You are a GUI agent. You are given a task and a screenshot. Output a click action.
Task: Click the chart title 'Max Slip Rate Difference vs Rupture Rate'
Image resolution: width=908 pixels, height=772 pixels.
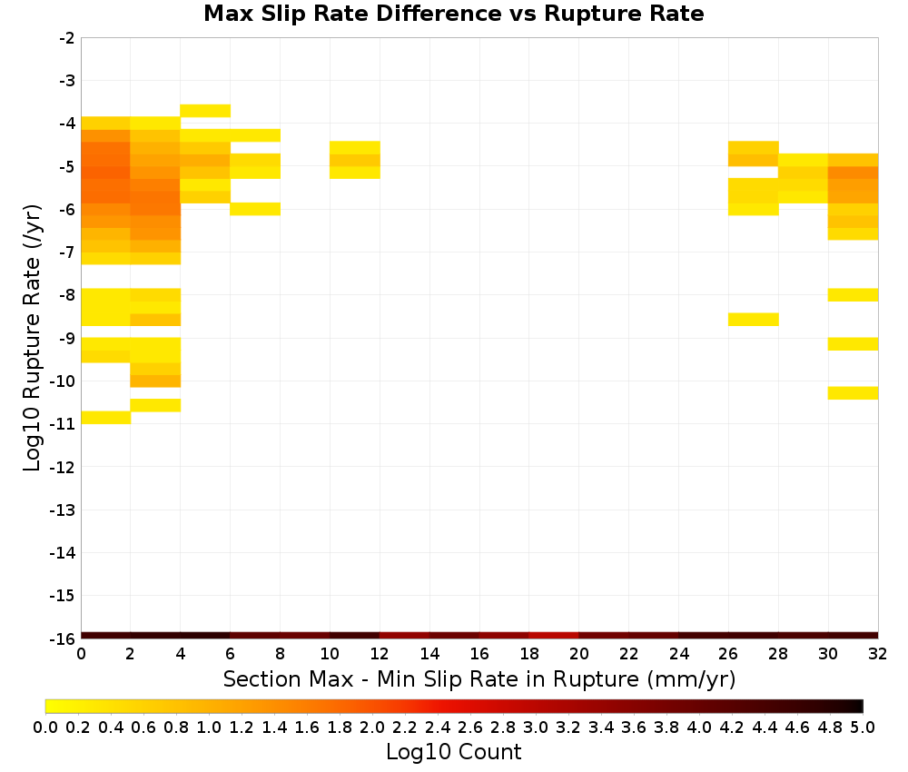[x=453, y=14]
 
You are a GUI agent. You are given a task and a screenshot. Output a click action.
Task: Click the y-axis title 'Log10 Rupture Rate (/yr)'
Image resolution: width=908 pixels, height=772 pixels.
[x=32, y=338]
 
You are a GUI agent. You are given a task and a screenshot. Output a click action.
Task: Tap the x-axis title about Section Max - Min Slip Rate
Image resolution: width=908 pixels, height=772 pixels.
[x=479, y=679]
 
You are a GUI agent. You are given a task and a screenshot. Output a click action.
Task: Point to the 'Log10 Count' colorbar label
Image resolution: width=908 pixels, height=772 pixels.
[x=453, y=752]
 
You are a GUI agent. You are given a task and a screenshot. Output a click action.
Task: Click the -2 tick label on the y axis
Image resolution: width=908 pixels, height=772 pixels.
[x=67, y=38]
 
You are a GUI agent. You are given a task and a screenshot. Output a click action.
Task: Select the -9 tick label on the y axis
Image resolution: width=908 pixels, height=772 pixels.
[x=67, y=338]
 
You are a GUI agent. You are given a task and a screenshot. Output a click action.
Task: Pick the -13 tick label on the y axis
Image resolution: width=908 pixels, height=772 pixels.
[x=63, y=510]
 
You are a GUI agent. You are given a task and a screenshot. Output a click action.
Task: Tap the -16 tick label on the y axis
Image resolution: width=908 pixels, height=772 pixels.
[x=63, y=638]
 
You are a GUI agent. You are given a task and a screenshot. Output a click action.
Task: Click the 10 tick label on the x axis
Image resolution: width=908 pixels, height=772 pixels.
[x=330, y=654]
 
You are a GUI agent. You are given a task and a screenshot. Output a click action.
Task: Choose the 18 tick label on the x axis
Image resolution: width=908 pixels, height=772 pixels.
[x=529, y=654]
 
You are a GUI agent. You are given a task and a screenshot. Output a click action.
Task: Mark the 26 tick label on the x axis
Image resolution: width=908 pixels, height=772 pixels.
[x=728, y=654]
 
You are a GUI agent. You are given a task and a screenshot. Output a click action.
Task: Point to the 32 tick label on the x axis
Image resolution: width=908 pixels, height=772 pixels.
[x=878, y=654]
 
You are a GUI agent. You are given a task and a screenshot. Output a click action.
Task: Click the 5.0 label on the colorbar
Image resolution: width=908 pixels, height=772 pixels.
[x=863, y=727]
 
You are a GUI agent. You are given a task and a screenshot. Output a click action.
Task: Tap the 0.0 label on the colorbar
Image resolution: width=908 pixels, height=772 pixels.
[x=45, y=727]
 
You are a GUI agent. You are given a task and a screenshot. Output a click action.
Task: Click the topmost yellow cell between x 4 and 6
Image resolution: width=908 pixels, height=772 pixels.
[x=205, y=111]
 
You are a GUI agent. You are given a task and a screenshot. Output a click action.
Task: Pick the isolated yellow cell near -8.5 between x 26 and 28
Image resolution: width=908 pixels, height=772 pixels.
[x=754, y=319]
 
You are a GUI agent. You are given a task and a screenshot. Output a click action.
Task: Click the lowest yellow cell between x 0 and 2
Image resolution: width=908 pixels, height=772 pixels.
[x=106, y=417]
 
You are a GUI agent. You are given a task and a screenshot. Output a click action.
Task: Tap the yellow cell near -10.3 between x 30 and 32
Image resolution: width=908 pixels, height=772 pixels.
[x=853, y=392]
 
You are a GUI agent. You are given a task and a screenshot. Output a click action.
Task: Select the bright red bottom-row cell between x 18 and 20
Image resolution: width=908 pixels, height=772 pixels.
[x=554, y=636]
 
